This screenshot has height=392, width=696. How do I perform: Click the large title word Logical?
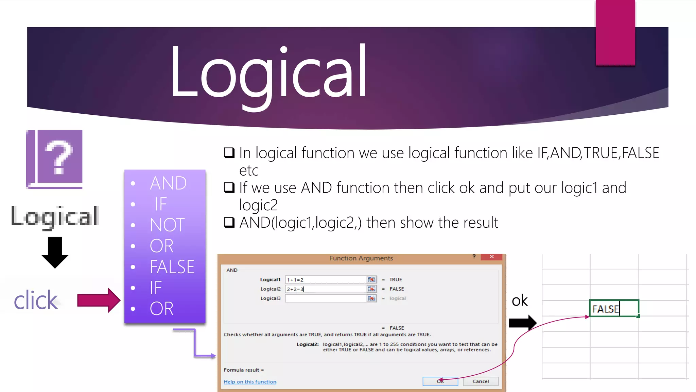tap(268, 73)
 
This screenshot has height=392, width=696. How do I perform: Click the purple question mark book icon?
tap(54, 159)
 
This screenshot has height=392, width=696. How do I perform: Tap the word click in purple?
tap(36, 300)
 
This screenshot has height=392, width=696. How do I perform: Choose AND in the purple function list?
tap(168, 183)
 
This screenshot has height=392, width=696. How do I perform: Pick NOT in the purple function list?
tap(167, 225)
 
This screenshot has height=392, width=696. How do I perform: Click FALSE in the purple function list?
tap(172, 267)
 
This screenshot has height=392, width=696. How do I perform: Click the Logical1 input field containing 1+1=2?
tap(326, 280)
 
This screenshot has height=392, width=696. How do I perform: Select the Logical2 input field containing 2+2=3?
tap(326, 289)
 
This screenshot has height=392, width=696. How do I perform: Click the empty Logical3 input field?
tap(326, 298)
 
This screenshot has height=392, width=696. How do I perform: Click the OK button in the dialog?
tap(440, 381)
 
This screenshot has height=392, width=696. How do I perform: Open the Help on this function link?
tap(250, 382)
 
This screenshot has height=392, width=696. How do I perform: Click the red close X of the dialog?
tap(491, 257)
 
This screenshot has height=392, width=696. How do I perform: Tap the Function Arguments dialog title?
tap(361, 258)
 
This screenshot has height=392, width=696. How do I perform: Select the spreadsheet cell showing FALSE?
tap(614, 308)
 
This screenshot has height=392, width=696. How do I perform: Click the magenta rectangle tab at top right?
tap(615, 32)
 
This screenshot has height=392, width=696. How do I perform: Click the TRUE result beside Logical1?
tap(396, 280)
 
